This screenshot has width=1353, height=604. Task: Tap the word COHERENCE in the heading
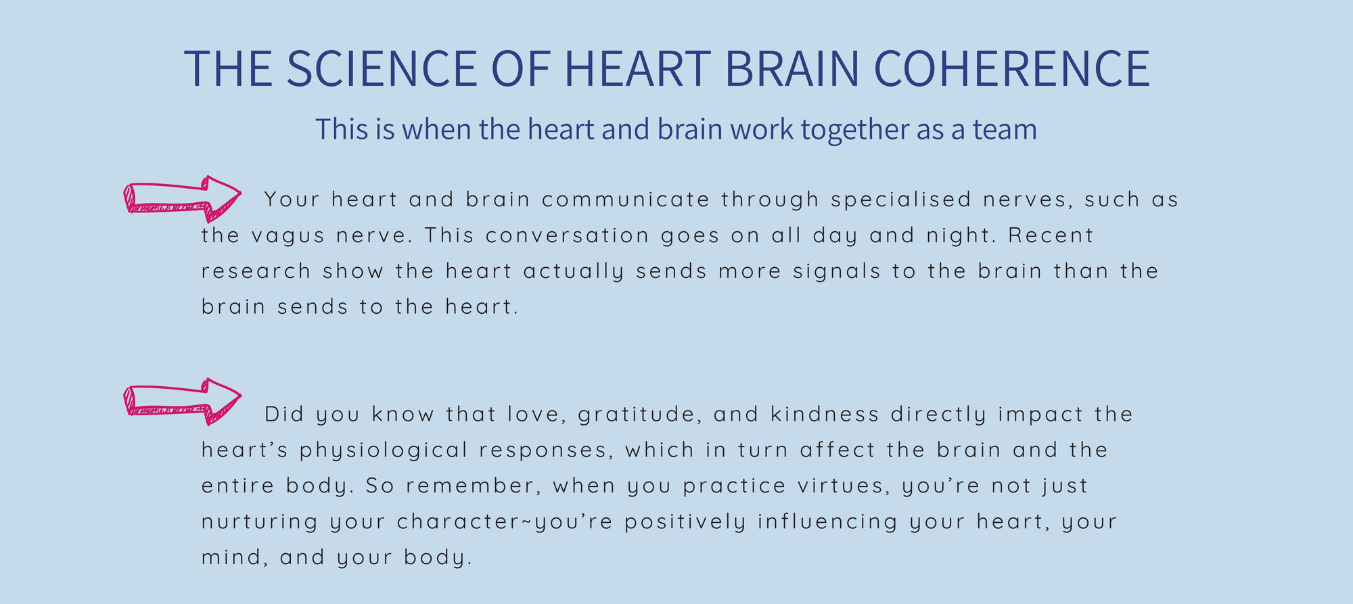(1012, 68)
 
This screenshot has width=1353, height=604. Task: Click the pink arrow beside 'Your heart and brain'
(183, 199)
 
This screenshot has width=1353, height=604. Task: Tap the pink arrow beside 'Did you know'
(183, 401)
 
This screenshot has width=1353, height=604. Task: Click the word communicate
(626, 200)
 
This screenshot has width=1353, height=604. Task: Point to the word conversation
(567, 235)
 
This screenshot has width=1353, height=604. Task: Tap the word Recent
(1051, 235)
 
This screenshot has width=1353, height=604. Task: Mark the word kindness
(825, 414)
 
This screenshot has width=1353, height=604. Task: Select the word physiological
(384, 451)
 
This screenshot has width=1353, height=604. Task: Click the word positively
(685, 523)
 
